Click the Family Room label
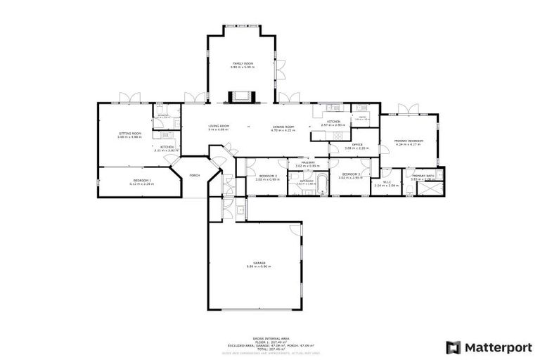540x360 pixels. tap(243, 64)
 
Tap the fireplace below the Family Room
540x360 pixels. tap(243, 97)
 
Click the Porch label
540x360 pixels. tap(195, 175)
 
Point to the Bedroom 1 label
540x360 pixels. tap(143, 181)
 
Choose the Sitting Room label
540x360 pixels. tap(129, 134)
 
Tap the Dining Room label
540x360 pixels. tap(283, 127)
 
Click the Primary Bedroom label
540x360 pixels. tap(409, 141)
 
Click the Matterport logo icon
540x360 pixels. tap(454, 347)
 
